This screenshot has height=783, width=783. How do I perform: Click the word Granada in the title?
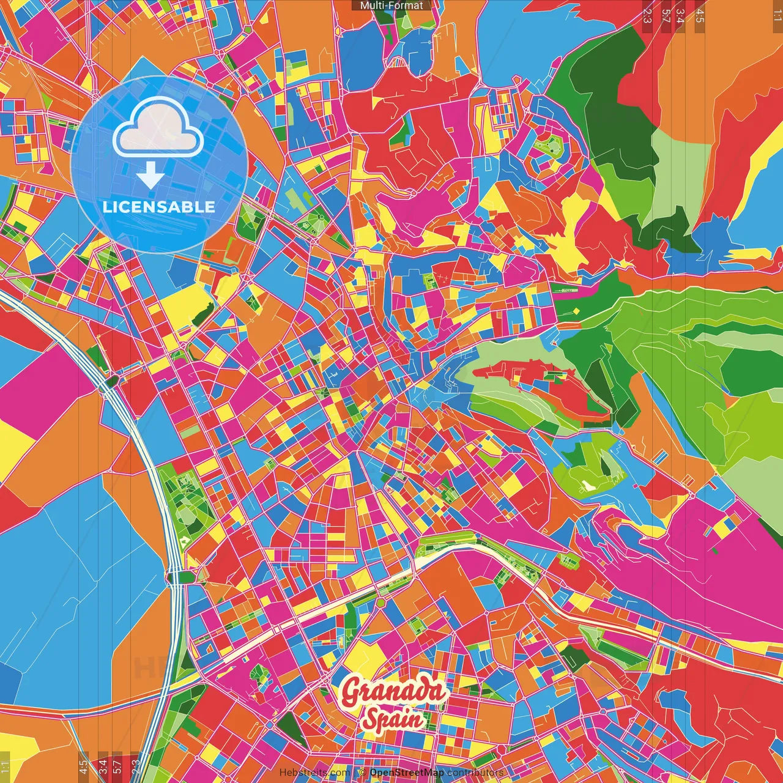[x=394, y=692]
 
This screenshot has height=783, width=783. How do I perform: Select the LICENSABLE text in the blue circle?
[x=159, y=207]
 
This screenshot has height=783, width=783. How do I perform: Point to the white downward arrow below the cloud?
[x=150, y=176]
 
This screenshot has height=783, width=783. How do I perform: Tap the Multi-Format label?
[x=391, y=6]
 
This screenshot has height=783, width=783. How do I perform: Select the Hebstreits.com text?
[x=315, y=773]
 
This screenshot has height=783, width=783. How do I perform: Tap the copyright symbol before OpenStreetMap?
[x=363, y=773]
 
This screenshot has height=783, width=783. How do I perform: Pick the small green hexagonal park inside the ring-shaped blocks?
[x=548, y=147]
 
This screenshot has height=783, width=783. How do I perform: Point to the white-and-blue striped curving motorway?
[x=141, y=428]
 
